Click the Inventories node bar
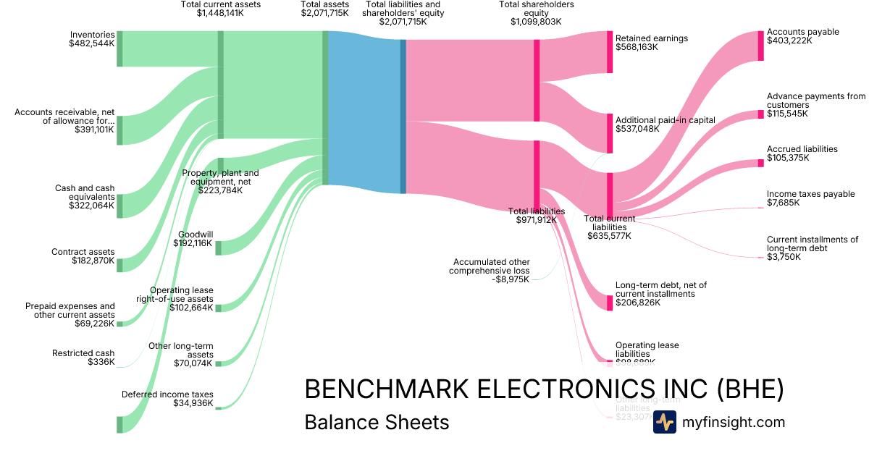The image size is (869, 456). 119,48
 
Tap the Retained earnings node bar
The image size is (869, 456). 610,52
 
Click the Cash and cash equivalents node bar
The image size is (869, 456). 119,206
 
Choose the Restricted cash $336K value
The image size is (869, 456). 101,362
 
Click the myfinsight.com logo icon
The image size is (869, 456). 664,422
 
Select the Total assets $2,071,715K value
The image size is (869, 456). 324,13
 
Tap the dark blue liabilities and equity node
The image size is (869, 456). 403,116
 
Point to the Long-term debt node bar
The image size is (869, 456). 610,303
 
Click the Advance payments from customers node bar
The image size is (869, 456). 760,114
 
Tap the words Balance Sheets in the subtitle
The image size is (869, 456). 377,422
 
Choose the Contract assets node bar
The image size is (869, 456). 119,265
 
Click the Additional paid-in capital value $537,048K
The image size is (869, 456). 637,129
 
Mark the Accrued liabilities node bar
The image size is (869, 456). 760,163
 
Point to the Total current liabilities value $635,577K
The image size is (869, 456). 609,235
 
